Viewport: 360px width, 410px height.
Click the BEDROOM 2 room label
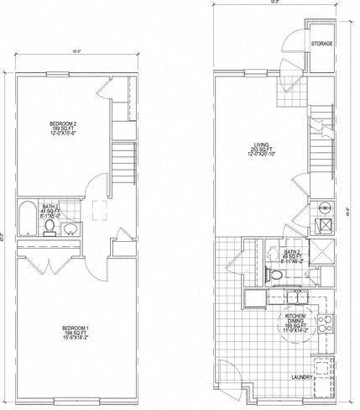[64, 124]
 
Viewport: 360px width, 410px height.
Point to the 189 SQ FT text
[64, 129]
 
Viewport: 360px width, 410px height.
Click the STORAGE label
[321, 43]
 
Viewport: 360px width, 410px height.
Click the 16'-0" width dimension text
[76, 52]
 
